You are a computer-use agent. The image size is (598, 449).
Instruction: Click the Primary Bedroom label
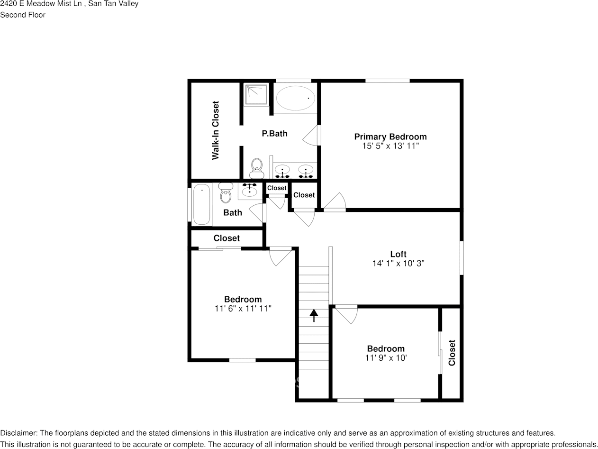[390, 137]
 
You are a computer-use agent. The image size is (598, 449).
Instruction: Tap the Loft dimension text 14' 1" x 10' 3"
[398, 263]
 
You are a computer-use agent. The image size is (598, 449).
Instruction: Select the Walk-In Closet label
[216, 130]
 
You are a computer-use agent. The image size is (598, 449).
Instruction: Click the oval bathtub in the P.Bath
[295, 98]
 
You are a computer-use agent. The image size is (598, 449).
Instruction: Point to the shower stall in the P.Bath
[256, 95]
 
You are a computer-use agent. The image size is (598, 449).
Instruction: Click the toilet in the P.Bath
[256, 168]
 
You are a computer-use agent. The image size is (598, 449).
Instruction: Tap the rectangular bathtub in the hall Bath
[201, 204]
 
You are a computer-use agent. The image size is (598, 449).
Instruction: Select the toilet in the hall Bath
[226, 193]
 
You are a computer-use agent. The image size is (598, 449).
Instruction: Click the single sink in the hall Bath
[249, 191]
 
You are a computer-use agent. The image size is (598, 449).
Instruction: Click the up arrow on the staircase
[314, 315]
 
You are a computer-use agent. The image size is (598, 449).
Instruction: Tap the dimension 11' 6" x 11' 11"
[243, 309]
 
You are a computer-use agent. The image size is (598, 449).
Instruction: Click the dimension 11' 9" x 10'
[386, 358]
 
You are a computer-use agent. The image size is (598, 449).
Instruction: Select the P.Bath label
[274, 134]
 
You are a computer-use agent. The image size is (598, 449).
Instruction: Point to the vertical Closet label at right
[452, 353]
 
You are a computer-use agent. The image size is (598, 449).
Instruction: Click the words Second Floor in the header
[23, 15]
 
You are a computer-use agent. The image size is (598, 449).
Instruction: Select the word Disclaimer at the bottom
[18, 433]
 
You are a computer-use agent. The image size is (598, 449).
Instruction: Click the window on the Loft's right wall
[462, 258]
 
